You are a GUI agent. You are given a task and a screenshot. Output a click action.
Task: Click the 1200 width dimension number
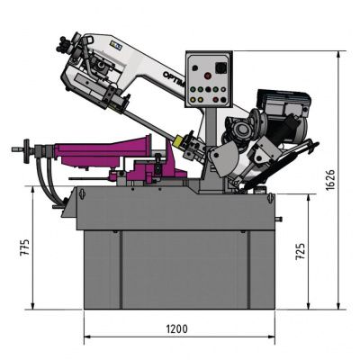coord(176,329)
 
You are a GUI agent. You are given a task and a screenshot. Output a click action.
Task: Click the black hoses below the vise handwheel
coord(45,175)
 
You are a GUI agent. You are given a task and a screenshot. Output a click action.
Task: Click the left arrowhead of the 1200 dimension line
coord(87,337)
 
